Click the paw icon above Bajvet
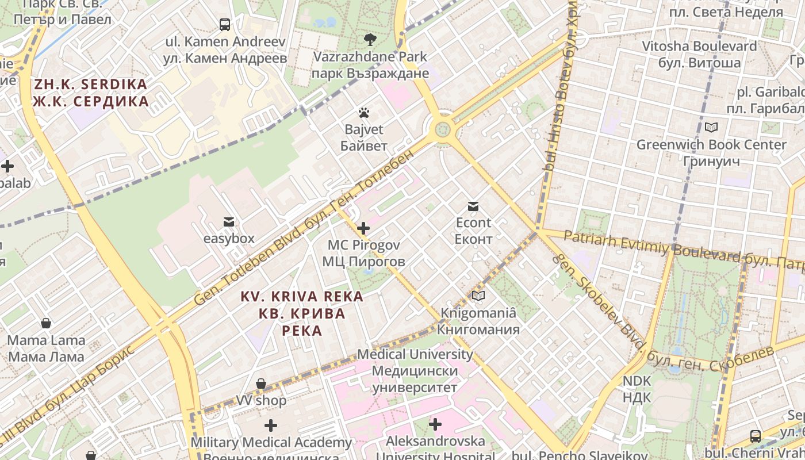point(363,113)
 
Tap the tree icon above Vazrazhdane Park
point(370,40)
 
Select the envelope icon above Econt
point(473,206)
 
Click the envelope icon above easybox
point(229,221)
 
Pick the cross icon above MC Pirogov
point(363,228)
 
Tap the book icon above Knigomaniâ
point(478,296)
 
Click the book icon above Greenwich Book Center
point(711,127)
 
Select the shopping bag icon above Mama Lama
point(46,323)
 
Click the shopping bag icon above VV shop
point(261,384)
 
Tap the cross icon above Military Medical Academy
point(271,425)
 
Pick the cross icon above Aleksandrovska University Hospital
point(435,424)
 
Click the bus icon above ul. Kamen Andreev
point(225,25)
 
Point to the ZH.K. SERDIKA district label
point(91,93)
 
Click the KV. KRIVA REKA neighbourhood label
point(302,313)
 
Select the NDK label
point(637,389)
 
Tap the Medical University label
point(415,371)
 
